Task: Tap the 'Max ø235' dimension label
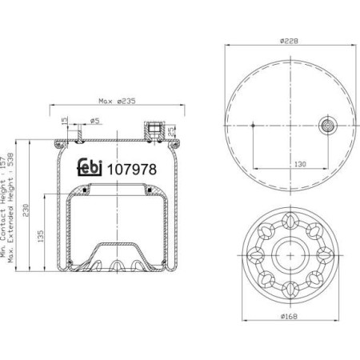[x=118, y=101]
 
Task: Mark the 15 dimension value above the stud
[x=65, y=121]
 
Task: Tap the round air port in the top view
[x=328, y=125]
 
